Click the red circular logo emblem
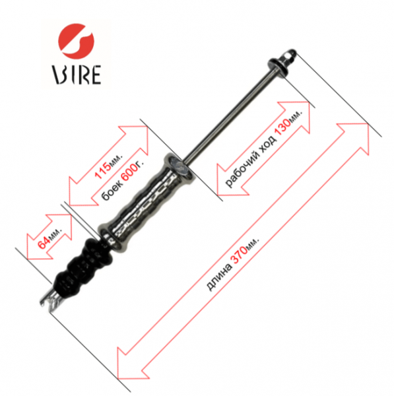(x=77, y=42)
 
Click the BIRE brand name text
(x=77, y=75)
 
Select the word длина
(x=218, y=277)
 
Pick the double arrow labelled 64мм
(x=49, y=237)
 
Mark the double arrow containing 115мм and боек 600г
(x=109, y=166)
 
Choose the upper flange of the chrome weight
(x=180, y=167)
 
